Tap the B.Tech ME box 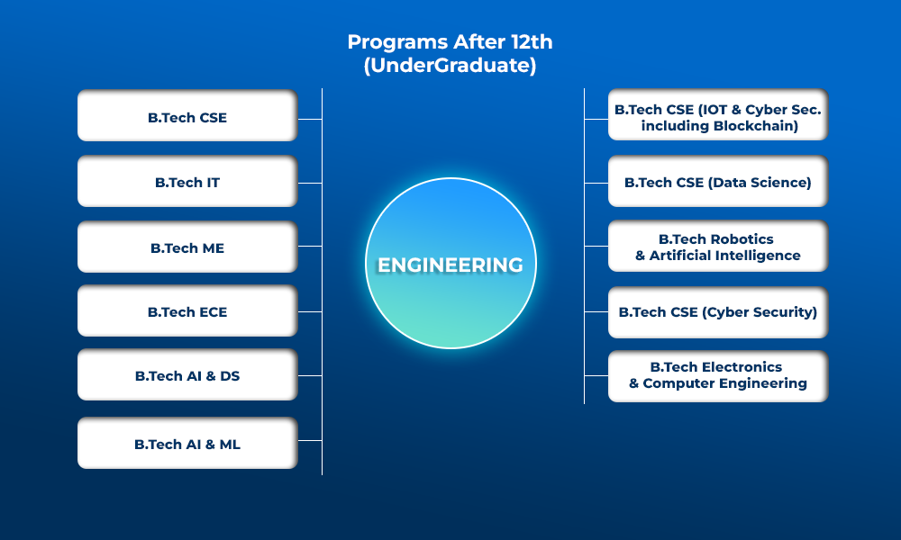tap(187, 247)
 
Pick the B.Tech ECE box tap(187, 311)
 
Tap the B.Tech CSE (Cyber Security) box tap(718, 312)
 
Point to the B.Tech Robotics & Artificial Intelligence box tap(718, 247)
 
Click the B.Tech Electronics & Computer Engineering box tap(718, 376)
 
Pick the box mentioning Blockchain tap(718, 115)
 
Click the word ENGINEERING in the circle tap(450, 265)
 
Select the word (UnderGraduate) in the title tap(450, 65)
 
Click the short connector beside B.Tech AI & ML tap(310, 441)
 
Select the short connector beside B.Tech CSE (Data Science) tap(596, 183)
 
